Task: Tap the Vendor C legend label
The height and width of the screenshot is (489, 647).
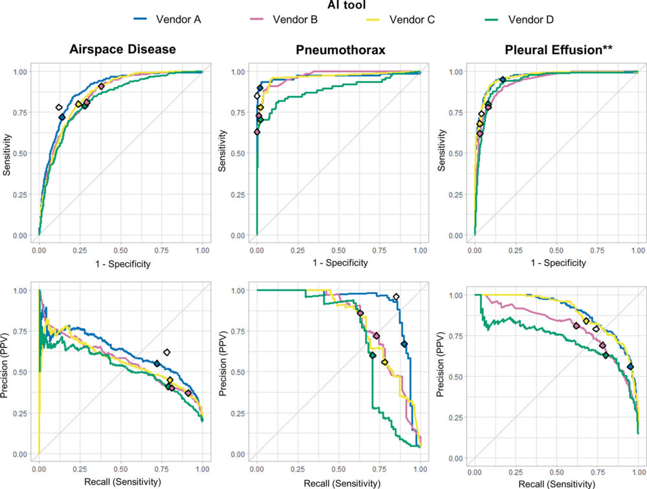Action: tap(411, 19)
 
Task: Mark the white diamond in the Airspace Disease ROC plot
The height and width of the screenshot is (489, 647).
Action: tap(59, 107)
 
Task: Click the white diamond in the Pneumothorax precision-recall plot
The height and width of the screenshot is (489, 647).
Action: tap(396, 297)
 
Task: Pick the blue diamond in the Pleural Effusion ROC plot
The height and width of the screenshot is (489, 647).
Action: tap(502, 79)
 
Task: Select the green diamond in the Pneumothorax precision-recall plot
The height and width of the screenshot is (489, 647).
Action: tap(372, 355)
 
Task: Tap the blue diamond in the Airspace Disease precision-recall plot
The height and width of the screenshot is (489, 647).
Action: tap(157, 364)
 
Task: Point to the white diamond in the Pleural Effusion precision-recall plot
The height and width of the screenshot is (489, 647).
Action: tap(596, 329)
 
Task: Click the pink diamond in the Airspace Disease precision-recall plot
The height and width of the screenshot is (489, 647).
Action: tap(188, 393)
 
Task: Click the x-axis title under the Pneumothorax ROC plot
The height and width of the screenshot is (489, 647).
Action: tap(338, 263)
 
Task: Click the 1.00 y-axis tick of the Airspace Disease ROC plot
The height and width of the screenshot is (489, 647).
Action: tap(21, 72)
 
